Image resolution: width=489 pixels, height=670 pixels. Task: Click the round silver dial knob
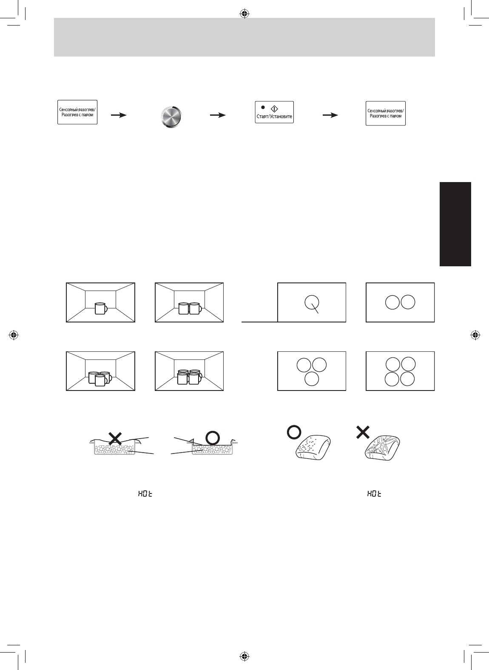click(x=171, y=116)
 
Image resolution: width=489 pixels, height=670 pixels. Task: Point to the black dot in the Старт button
click(x=263, y=107)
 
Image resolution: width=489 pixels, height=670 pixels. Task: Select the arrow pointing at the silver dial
click(x=119, y=115)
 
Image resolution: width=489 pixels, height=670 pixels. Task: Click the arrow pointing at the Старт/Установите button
click(x=217, y=115)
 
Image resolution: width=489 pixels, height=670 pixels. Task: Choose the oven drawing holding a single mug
click(x=100, y=302)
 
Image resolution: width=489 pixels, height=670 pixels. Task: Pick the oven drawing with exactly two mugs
click(x=189, y=302)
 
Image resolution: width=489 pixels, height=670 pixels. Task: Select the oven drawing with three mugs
click(x=100, y=371)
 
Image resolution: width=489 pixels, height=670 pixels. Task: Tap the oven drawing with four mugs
click(x=189, y=371)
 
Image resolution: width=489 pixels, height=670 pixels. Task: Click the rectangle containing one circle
click(x=311, y=302)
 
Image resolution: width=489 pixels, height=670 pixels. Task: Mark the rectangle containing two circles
click(x=400, y=302)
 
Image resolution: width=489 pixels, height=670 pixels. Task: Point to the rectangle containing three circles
click(x=311, y=371)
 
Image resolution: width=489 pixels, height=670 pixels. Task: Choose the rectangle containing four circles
click(x=400, y=371)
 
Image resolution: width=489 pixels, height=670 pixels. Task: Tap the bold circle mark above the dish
click(x=212, y=437)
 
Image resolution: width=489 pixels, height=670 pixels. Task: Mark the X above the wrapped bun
click(x=362, y=433)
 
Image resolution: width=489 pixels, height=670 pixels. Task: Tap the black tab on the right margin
click(x=455, y=224)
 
